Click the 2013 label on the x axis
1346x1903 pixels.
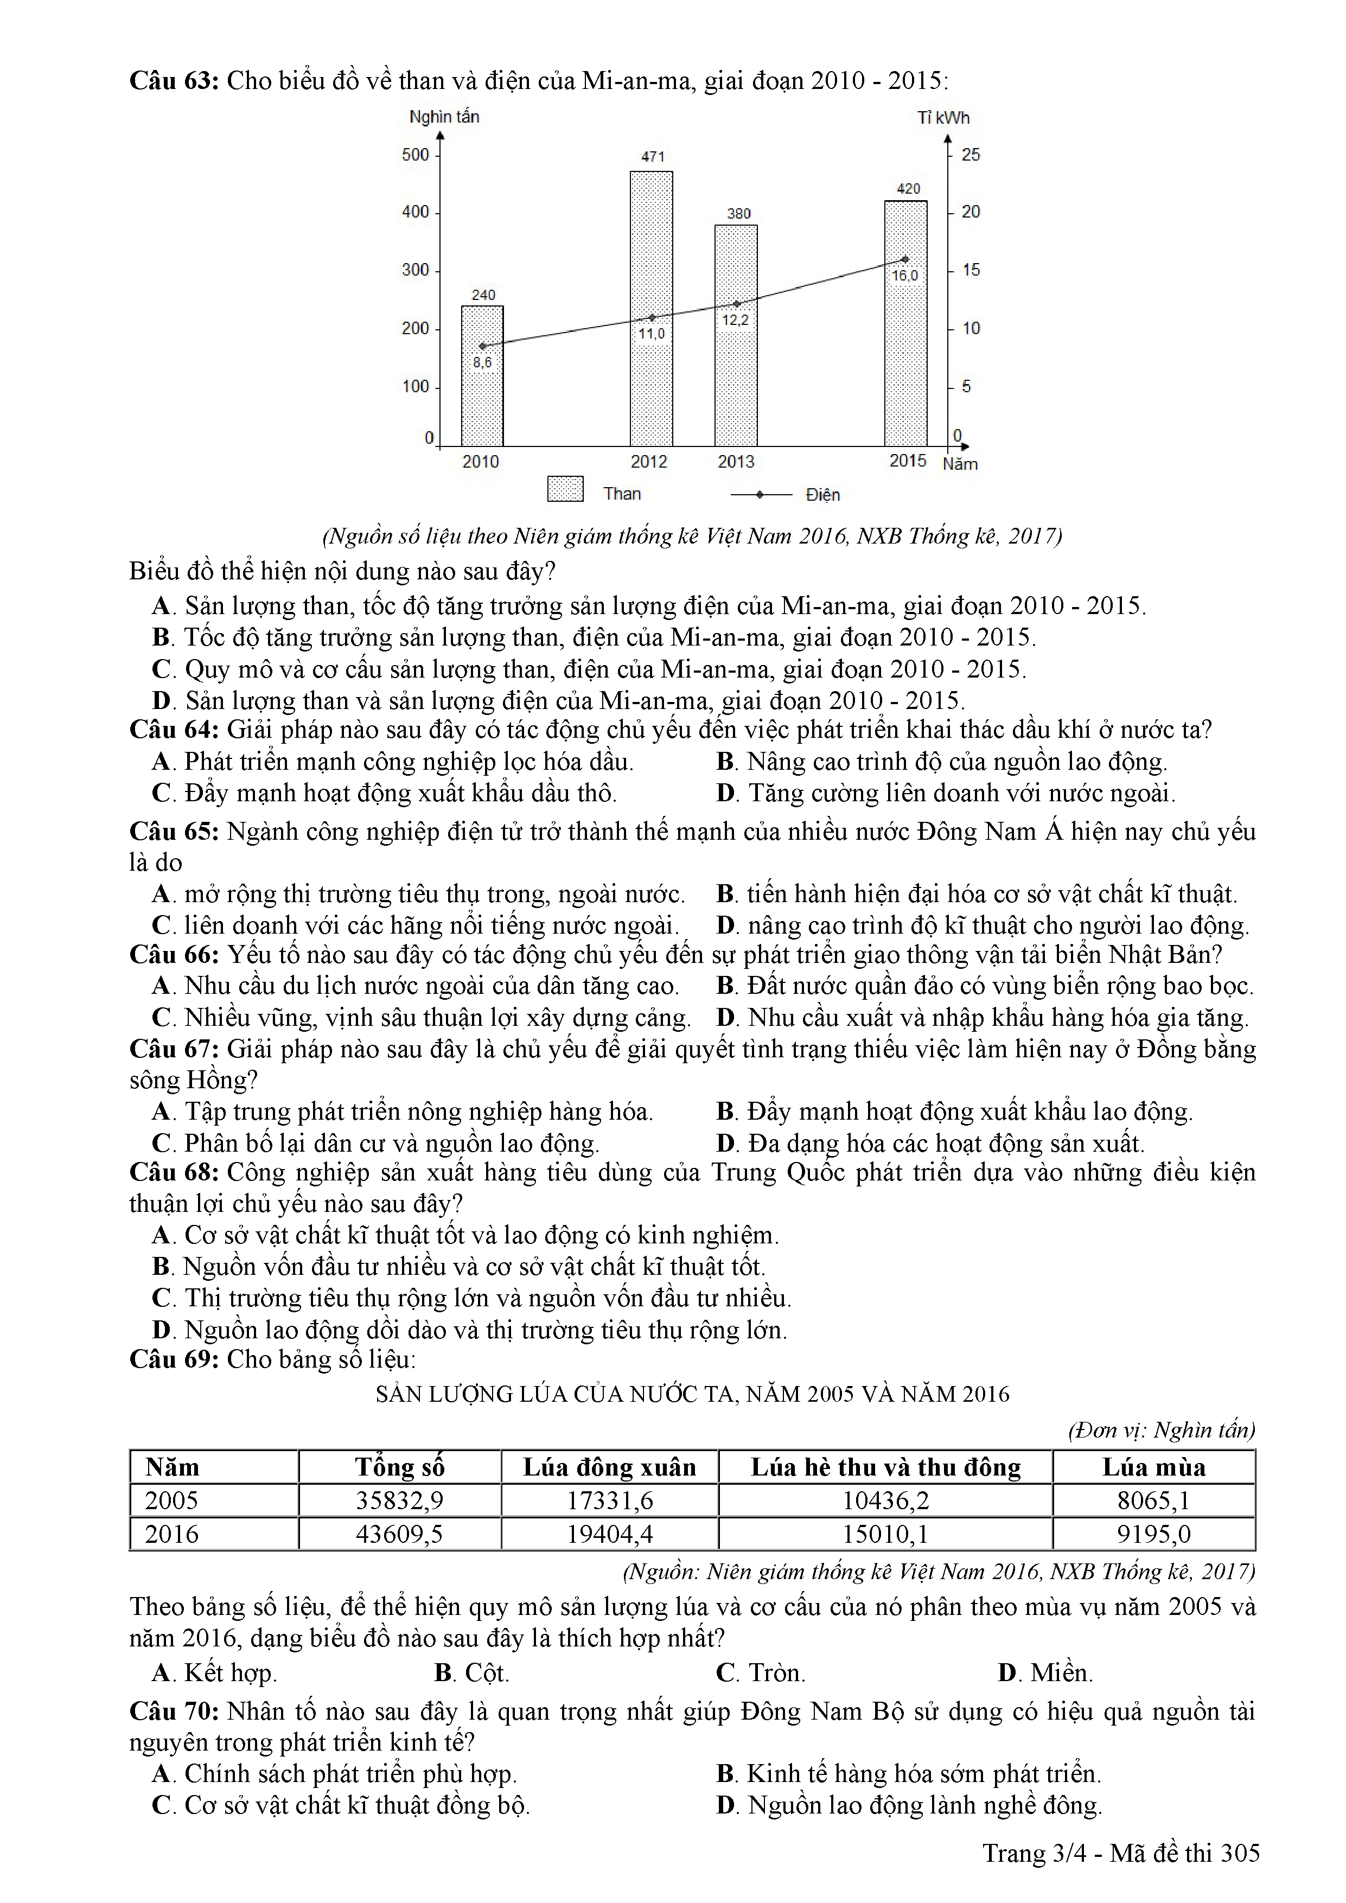click(736, 462)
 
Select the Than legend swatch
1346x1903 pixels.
click(565, 489)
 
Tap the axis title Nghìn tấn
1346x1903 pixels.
click(444, 117)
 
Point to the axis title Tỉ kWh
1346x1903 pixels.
click(943, 118)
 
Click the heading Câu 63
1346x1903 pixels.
click(173, 80)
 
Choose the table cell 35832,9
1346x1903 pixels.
click(399, 1500)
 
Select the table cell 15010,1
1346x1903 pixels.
click(885, 1534)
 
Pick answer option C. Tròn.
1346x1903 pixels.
click(760, 1672)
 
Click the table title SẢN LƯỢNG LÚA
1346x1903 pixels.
click(692, 1394)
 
